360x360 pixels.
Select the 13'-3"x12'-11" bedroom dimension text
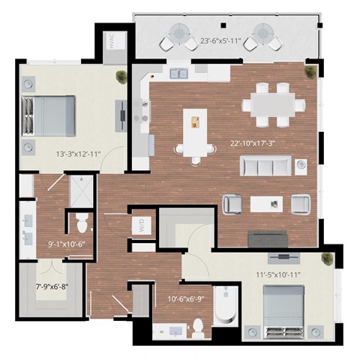click(72, 154)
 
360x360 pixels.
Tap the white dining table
click(271, 103)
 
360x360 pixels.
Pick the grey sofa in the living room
click(265, 166)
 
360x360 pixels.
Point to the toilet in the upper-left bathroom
click(82, 223)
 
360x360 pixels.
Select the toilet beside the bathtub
click(199, 325)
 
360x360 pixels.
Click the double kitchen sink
click(178, 73)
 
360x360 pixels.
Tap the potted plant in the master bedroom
click(121, 75)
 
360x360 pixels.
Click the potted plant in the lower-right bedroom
click(326, 259)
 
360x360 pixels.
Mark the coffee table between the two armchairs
click(266, 202)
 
